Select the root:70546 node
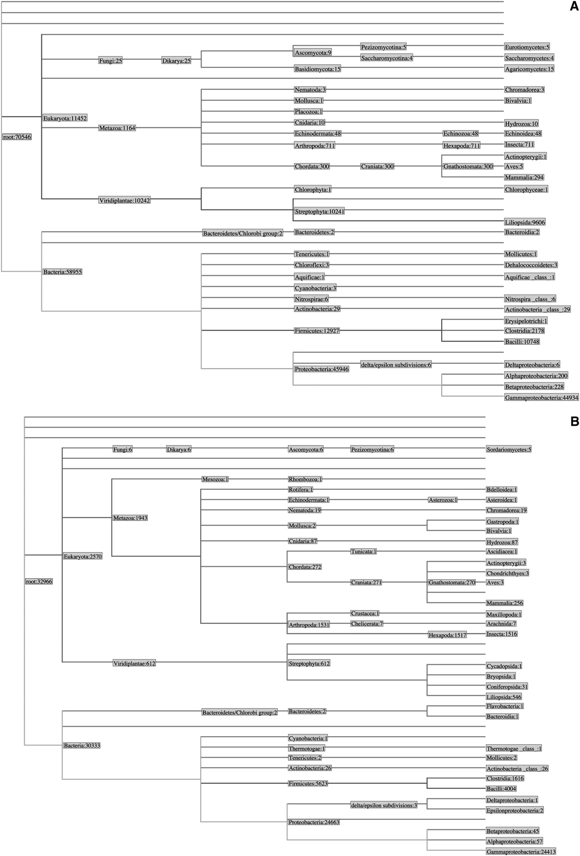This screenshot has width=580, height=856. coord(17,137)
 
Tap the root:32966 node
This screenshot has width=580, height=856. coord(39,582)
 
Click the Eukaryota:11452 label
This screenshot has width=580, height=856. coord(65,118)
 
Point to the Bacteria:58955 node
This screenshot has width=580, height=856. coord(63,272)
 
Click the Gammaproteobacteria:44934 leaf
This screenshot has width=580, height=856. coord(541,398)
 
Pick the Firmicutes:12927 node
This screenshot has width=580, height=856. coord(317,331)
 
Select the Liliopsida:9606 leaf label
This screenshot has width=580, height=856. coord(525,222)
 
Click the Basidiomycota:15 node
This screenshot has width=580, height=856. coord(318,69)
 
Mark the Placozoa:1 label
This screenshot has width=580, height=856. coord(309,112)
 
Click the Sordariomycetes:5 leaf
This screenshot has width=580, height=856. coord(509,449)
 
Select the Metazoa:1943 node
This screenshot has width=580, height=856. coord(130,518)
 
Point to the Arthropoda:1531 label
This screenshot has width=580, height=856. coord(309,625)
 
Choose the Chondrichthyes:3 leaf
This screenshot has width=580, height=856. coord(507,574)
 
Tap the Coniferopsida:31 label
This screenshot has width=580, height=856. coord(507,687)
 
